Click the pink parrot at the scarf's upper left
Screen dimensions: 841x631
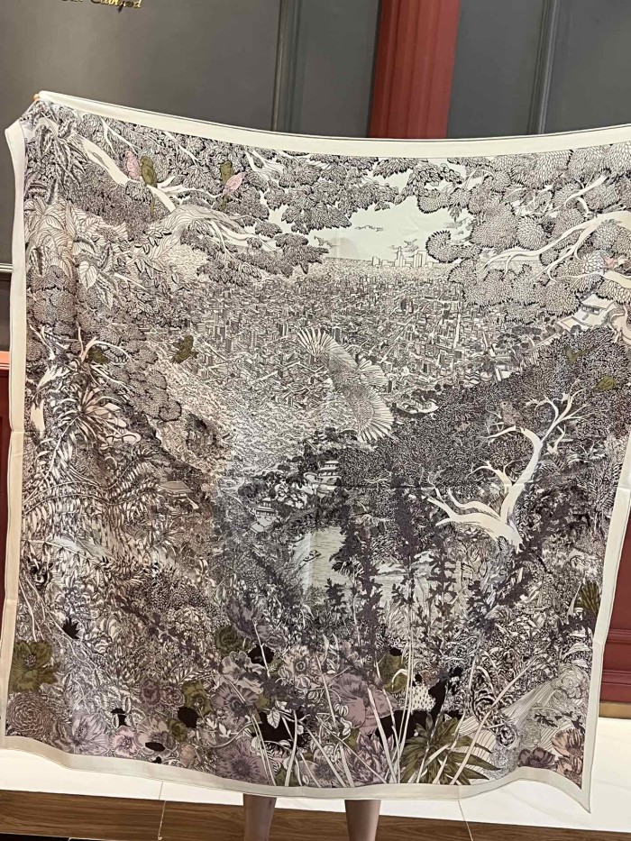(133, 166)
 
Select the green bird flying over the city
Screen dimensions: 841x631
(185, 349)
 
